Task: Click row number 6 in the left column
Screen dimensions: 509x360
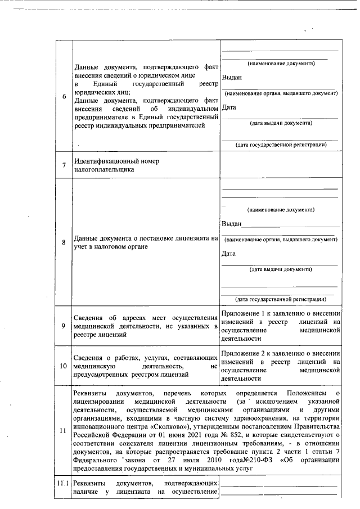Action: pos(64,96)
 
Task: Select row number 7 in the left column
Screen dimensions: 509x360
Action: pos(64,165)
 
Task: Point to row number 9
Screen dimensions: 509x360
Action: pos(64,326)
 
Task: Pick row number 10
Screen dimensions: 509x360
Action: pos(64,366)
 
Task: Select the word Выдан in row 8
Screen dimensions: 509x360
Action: pos(232,223)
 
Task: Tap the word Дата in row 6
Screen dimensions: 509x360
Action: pos(229,107)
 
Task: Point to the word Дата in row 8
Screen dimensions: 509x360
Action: pos(229,254)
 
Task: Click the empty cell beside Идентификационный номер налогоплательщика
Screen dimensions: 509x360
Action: pos(280,165)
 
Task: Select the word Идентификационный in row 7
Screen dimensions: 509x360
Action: pos(105,161)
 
